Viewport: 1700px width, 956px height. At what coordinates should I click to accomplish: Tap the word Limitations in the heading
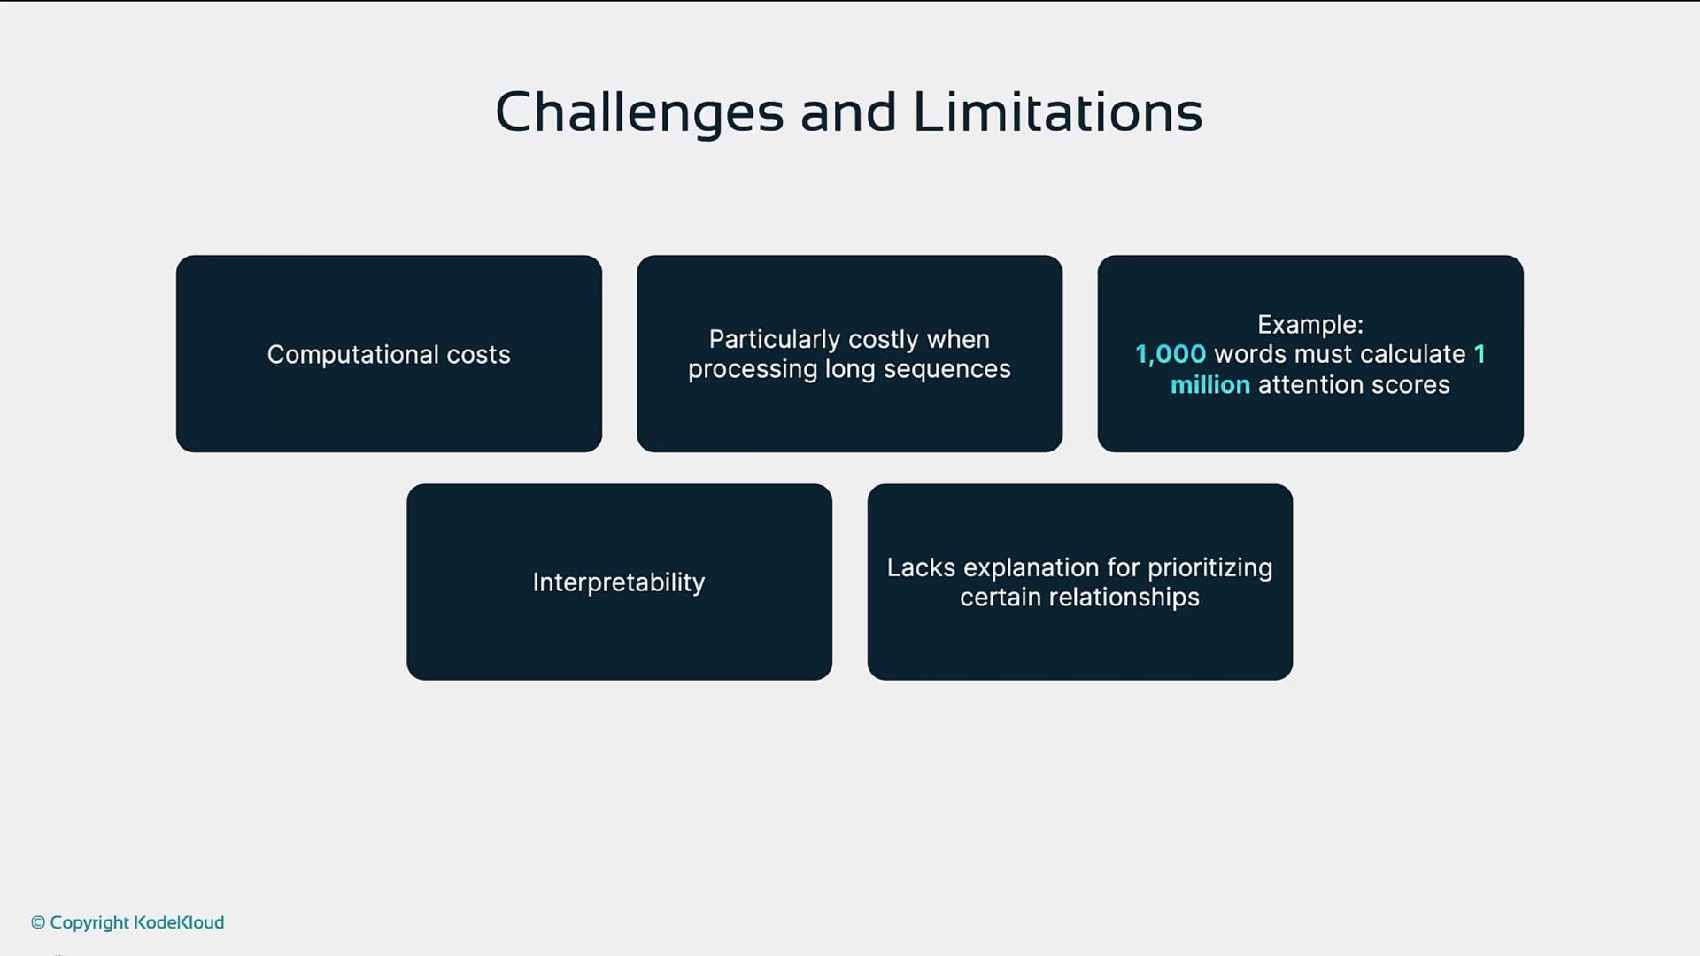[x=1058, y=112]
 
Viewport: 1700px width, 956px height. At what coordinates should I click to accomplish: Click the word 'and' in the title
[x=848, y=112]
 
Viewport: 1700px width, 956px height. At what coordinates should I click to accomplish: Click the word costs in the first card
[x=478, y=355]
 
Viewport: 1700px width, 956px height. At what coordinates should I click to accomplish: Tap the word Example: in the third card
[x=1310, y=325]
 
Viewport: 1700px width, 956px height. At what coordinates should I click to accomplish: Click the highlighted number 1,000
[x=1171, y=355]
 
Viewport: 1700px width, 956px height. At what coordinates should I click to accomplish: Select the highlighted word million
[x=1210, y=385]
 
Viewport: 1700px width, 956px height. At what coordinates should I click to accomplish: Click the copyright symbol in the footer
[x=38, y=922]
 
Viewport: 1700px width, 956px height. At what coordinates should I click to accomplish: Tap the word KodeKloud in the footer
[x=179, y=922]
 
